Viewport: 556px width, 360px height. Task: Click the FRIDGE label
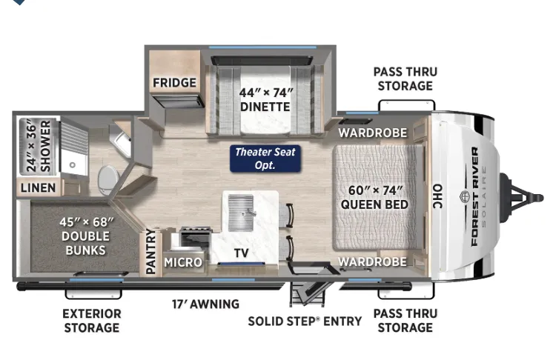(x=174, y=82)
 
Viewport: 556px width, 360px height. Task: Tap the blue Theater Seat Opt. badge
(x=265, y=159)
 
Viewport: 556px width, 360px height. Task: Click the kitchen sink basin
(x=241, y=213)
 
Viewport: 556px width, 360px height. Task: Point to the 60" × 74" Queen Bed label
(x=374, y=197)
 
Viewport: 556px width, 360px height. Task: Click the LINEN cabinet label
(x=38, y=188)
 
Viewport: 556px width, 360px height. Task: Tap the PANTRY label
(x=151, y=252)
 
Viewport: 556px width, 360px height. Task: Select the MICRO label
(x=183, y=262)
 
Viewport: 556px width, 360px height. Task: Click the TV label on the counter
(x=241, y=253)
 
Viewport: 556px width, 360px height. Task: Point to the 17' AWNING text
(x=205, y=304)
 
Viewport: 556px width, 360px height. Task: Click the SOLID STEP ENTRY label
(x=305, y=321)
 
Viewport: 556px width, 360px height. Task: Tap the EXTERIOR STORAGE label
(x=92, y=321)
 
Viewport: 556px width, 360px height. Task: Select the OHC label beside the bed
(x=438, y=196)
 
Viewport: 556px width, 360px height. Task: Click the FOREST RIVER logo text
(x=474, y=196)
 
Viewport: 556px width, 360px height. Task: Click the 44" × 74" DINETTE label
(x=265, y=99)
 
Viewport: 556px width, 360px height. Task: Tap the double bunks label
(x=85, y=236)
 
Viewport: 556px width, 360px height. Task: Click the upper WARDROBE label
(x=373, y=133)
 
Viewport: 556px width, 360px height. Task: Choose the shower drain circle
(x=73, y=164)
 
